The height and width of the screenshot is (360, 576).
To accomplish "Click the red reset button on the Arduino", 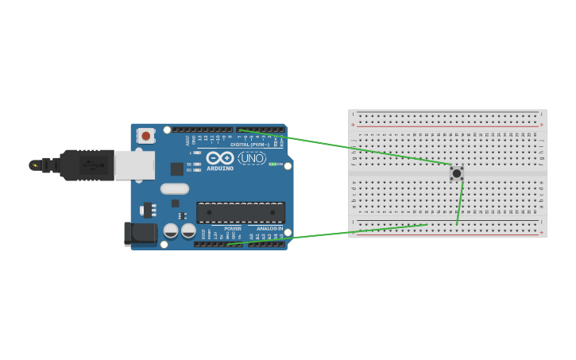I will tap(145, 136).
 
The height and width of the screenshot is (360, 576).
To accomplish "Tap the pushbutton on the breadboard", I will tap(457, 172).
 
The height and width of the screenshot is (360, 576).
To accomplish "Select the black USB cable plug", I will tap(87, 165).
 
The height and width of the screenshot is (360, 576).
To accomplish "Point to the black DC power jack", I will tap(138, 232).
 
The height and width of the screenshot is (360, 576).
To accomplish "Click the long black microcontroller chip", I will tap(241, 212).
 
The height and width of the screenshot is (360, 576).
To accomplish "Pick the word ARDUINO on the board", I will tap(220, 168).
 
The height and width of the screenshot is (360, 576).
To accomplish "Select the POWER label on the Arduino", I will tap(232, 228).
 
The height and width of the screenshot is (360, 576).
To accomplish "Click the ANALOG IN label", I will tap(269, 228).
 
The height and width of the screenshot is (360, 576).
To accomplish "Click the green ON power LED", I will tap(272, 164).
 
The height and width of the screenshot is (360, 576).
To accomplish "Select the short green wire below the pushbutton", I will tap(459, 203).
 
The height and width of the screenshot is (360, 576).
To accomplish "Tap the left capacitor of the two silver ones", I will tap(171, 230).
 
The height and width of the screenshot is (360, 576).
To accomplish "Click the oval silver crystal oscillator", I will tap(175, 189).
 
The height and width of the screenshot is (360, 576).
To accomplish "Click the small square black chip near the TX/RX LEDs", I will tap(176, 168).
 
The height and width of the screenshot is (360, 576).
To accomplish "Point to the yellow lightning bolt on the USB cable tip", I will tap(33, 165).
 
